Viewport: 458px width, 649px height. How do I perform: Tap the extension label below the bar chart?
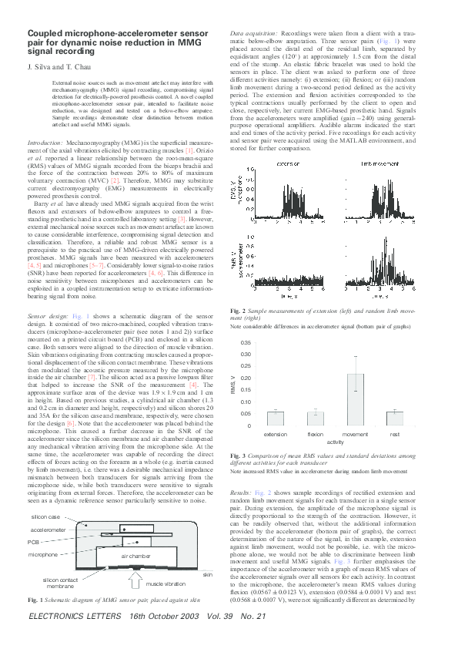point(272,435)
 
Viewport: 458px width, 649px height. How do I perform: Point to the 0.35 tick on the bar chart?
point(246,342)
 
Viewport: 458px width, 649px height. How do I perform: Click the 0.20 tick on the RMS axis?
point(246,378)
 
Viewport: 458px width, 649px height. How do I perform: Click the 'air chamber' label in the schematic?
point(134,555)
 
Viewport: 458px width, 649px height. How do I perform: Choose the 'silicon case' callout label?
point(45,516)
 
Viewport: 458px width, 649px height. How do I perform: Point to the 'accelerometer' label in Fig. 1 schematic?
point(48,530)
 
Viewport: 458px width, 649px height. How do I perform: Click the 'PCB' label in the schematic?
point(38,542)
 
